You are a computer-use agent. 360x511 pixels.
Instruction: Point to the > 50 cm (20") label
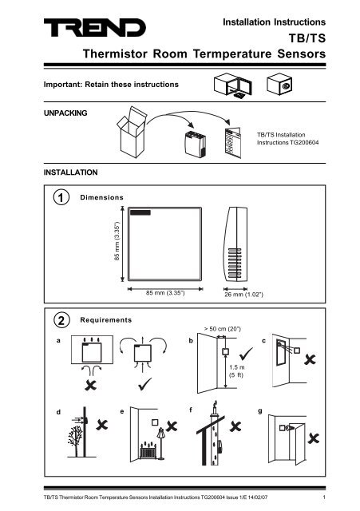point(224,328)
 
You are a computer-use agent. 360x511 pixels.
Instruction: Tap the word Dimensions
point(101,196)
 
